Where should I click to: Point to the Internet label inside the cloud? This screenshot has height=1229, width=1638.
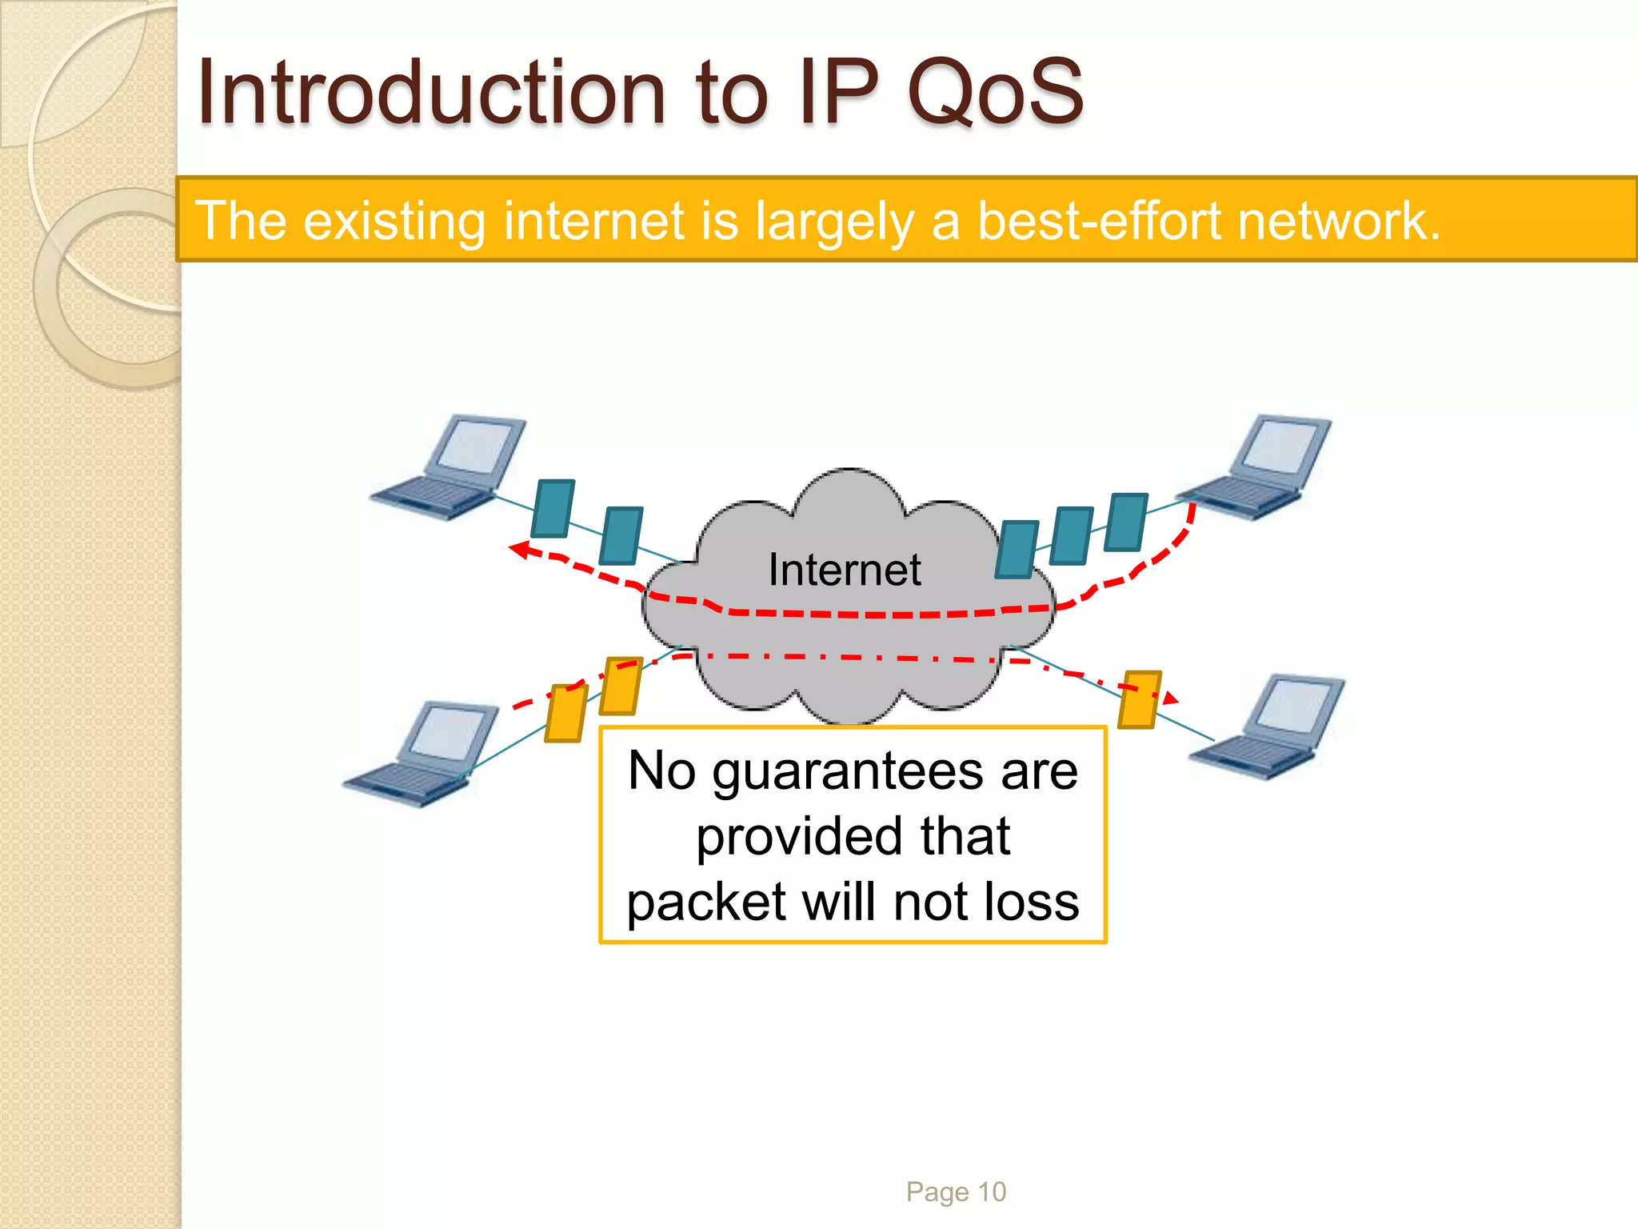pyautogui.click(x=845, y=570)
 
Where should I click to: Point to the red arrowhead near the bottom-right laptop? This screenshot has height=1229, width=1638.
pyautogui.click(x=1170, y=699)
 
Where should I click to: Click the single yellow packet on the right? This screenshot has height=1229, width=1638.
pyautogui.click(x=1138, y=699)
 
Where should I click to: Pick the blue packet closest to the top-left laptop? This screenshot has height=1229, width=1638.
pyautogui.click(x=553, y=508)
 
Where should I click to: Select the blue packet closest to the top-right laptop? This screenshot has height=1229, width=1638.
pyautogui.click(x=1126, y=522)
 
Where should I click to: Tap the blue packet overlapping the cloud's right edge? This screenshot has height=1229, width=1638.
pyautogui.click(x=1017, y=549)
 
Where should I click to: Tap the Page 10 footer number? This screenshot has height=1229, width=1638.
pyautogui.click(x=956, y=1192)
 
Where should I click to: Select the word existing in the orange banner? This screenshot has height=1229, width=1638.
pyautogui.click(x=394, y=221)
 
